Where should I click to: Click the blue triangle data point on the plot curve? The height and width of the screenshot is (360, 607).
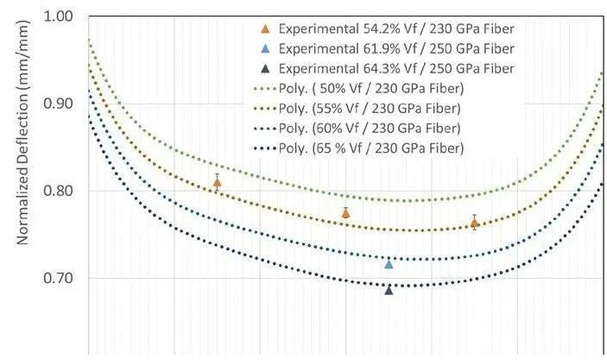click(x=389, y=264)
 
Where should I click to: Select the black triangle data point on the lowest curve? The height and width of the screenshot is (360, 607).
click(x=389, y=290)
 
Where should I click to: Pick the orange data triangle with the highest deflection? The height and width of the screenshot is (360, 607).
click(x=217, y=182)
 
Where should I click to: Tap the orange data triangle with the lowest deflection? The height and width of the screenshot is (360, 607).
click(x=474, y=223)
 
